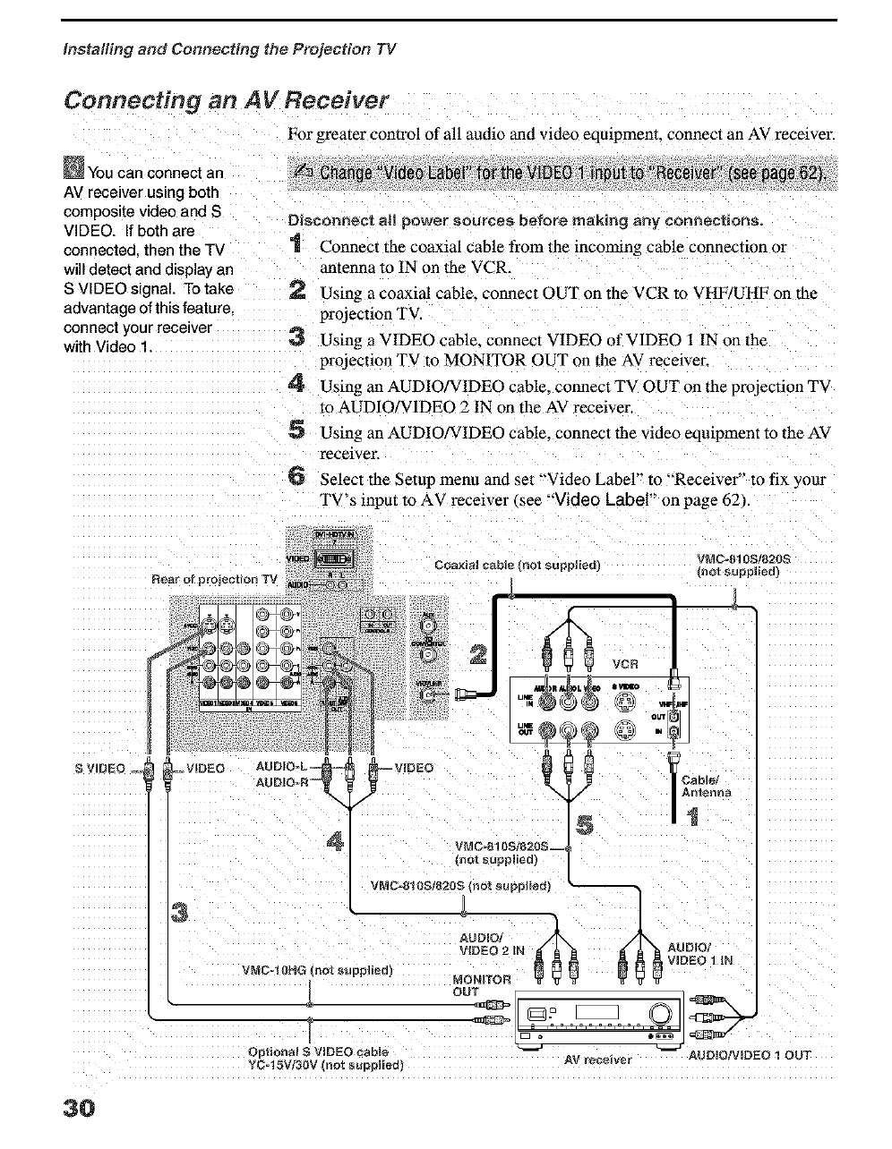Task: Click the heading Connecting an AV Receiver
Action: pos(227,99)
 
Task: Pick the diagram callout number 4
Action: pos(337,841)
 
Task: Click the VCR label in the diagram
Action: pos(625,664)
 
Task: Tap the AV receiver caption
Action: pos(598,1060)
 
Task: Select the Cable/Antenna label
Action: pos(707,785)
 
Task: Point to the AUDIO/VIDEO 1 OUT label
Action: pos(749,1055)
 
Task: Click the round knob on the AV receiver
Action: pos(663,1013)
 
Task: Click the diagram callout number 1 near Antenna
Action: pos(694,817)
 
